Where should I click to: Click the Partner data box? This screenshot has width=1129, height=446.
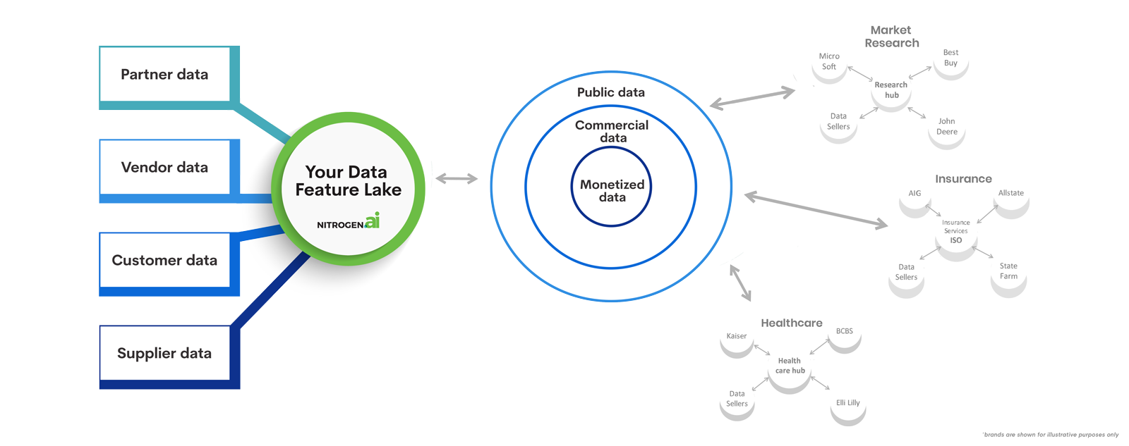[x=164, y=74]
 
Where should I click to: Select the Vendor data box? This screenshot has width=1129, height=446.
[x=164, y=167]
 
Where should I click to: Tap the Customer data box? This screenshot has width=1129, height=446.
[x=164, y=260]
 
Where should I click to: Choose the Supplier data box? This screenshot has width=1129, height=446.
[x=164, y=353]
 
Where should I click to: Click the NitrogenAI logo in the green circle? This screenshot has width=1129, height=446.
[x=349, y=222]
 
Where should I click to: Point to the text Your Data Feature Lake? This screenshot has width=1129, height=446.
[x=347, y=181]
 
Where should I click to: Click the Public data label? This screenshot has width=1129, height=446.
[x=610, y=92]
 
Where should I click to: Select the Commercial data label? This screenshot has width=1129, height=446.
[x=612, y=131]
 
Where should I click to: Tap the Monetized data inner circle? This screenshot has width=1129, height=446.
[x=612, y=190]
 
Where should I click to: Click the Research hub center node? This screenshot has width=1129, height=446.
[x=891, y=89]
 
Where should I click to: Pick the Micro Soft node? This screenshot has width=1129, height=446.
[x=829, y=61]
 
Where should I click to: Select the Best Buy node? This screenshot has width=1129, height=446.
[x=950, y=58]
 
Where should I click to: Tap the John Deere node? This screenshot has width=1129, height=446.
[x=947, y=126]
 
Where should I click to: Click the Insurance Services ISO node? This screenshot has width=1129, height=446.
[x=956, y=231]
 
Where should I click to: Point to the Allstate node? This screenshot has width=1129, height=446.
[x=1010, y=193]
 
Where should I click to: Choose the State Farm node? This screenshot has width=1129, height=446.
[x=1008, y=271]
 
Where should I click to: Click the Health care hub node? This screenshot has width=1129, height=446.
[x=790, y=365]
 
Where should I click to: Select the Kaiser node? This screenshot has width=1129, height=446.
[x=737, y=336]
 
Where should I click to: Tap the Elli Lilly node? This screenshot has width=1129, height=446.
[x=847, y=403]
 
